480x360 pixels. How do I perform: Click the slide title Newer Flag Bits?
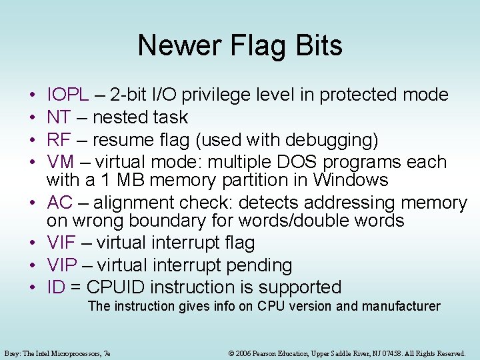(240, 45)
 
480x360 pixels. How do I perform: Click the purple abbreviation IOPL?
(68, 95)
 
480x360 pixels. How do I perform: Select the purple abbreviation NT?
(59, 118)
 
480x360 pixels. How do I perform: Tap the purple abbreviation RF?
(59, 140)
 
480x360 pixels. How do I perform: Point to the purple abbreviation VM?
(61, 162)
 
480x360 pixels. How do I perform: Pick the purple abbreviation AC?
(60, 203)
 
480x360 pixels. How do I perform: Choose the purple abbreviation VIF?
(61, 243)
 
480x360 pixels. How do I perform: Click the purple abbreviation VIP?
(62, 265)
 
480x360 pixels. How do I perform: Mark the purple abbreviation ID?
(55, 287)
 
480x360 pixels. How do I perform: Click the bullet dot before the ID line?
(33, 288)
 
